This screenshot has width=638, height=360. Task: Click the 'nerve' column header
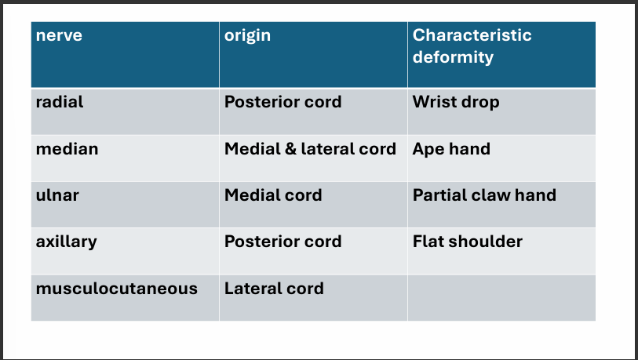(x=60, y=35)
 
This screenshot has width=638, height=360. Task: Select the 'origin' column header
(x=247, y=35)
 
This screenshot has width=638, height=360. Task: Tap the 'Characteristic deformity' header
(x=472, y=46)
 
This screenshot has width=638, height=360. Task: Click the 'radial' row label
(x=60, y=102)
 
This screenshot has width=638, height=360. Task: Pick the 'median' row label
(x=67, y=148)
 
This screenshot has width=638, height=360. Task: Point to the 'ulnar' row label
(x=57, y=195)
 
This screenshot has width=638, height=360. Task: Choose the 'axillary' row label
(x=66, y=241)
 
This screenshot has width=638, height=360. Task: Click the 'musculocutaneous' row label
(x=116, y=288)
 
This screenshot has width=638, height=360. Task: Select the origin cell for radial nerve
(x=283, y=102)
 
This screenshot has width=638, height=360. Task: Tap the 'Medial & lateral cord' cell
(x=310, y=148)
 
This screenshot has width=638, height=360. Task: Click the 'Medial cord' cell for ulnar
(x=273, y=195)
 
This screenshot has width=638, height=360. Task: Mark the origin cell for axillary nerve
(x=283, y=241)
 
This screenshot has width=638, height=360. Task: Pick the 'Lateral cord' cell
(x=274, y=288)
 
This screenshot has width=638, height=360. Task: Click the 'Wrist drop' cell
(x=455, y=102)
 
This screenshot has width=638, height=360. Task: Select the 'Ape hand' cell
(x=450, y=148)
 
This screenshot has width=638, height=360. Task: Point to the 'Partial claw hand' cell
(x=484, y=195)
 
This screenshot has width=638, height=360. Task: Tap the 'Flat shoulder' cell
(x=467, y=241)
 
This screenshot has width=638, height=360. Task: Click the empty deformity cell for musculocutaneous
(x=501, y=296)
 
